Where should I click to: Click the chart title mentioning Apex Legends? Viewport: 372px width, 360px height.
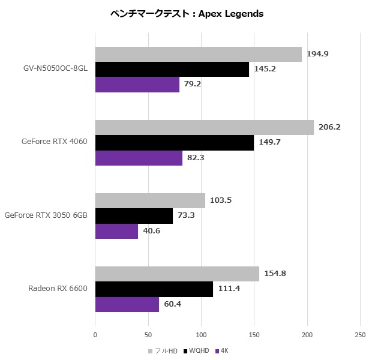tap(187, 14)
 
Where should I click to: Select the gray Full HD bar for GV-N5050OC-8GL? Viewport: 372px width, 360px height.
tap(198, 54)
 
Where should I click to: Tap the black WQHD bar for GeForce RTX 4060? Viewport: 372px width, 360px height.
tap(174, 142)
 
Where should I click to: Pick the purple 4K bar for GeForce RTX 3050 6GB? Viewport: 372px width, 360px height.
tap(116, 231)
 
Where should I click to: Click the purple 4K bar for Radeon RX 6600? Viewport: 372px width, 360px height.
tap(127, 304)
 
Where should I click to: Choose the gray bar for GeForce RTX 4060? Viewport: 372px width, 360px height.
tap(204, 127)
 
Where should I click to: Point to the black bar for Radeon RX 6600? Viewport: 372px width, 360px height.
tap(154, 289)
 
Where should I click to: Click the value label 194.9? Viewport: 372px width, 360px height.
tap(317, 54)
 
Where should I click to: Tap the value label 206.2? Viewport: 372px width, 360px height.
tap(329, 127)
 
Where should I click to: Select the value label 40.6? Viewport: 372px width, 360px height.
tap(153, 231)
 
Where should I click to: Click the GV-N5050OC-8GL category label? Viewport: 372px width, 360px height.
tap(53, 69)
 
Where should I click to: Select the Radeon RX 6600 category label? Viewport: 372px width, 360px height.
tap(58, 289)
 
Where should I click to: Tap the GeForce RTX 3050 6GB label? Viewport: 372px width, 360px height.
tap(46, 215)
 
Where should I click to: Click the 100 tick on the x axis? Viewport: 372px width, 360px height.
tap(201, 334)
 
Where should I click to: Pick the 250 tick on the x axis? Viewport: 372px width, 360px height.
tap(360, 334)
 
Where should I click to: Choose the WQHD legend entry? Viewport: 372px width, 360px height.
tap(198, 350)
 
